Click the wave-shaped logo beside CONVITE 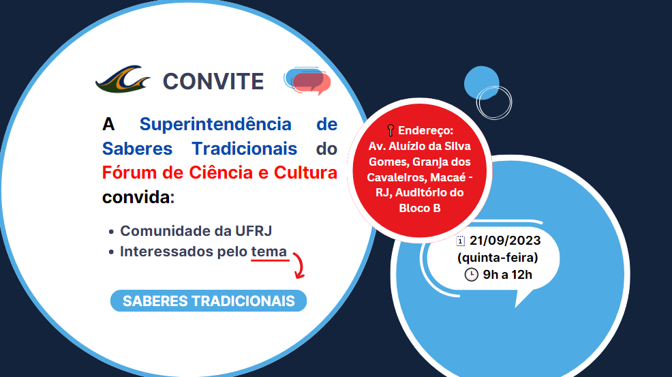click(x=123, y=79)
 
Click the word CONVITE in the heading click(x=213, y=82)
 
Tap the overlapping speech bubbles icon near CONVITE click(x=307, y=81)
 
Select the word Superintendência click(x=215, y=124)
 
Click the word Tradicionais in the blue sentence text click(x=244, y=149)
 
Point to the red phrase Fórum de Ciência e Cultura click(x=219, y=173)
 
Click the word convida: click(x=138, y=197)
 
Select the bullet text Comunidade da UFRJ click(x=196, y=230)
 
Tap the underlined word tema click(x=269, y=252)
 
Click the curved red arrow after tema click(x=300, y=265)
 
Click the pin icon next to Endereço click(x=391, y=130)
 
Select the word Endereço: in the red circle click(x=425, y=130)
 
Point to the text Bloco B click(x=420, y=208)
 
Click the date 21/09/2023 click(x=505, y=241)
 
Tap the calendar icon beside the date click(x=460, y=241)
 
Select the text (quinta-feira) click(x=498, y=258)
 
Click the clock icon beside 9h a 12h click(x=472, y=275)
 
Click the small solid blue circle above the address click(x=481, y=82)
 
